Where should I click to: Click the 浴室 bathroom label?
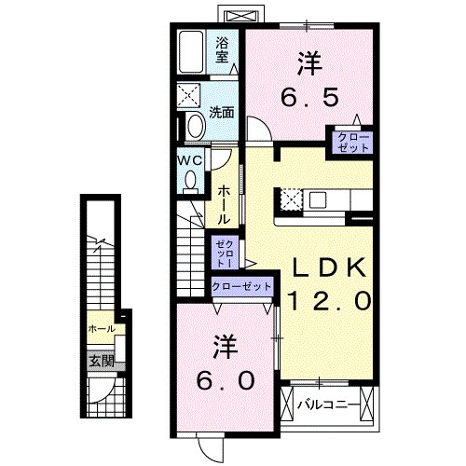pos(223,48)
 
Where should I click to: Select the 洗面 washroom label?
pos(221,114)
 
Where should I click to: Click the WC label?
pos(190,160)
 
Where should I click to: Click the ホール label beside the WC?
pos(225,203)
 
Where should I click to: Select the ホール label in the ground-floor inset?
pos(101,329)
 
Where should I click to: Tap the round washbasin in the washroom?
pos(195,126)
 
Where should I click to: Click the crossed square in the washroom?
pos(192,96)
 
